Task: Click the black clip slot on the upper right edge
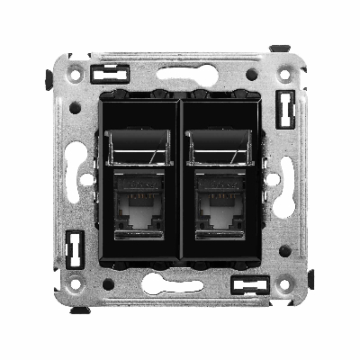(x=286, y=110)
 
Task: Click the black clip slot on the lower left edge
(x=75, y=243)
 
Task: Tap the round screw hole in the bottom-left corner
(x=76, y=283)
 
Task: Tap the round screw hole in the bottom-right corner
(x=284, y=283)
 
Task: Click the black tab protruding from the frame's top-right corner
(x=281, y=48)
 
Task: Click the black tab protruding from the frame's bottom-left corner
(x=79, y=310)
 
